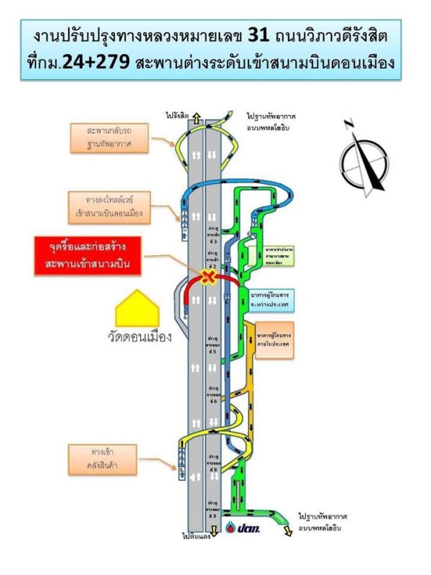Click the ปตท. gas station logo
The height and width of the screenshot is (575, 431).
[x=245, y=529]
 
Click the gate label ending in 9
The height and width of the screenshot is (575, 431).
[x=213, y=507]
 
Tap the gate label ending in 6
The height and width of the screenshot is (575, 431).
[x=213, y=397]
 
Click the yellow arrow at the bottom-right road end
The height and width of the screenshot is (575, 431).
[x=287, y=530]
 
